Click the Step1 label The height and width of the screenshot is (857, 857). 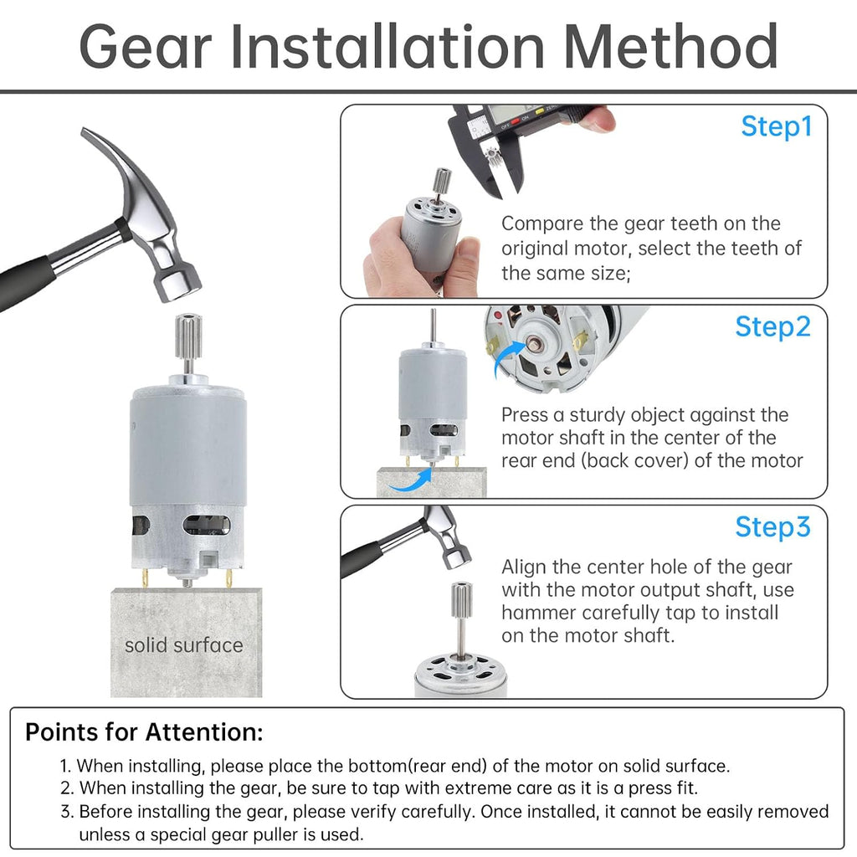point(776,127)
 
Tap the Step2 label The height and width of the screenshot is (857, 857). point(772,327)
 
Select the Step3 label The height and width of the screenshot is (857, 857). point(772,527)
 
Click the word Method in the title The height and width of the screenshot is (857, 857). point(670,47)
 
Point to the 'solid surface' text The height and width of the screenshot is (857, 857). point(183,645)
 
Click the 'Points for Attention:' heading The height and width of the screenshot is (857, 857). point(144,731)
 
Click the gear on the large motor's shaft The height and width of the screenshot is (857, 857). point(188,335)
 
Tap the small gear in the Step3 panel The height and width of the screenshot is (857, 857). point(461,600)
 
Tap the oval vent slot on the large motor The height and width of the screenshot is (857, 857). point(206,526)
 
